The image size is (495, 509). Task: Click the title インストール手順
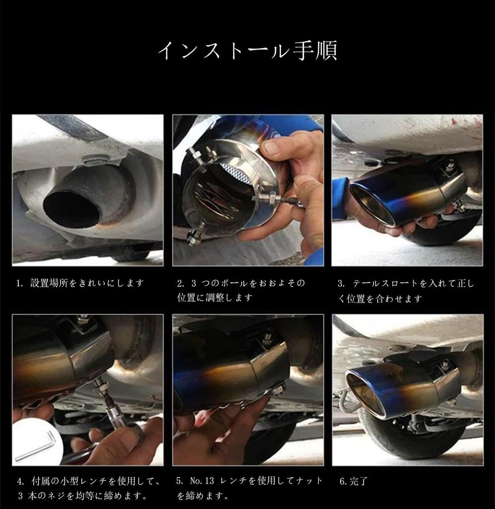(247, 51)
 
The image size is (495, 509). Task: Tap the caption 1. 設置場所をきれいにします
(79, 283)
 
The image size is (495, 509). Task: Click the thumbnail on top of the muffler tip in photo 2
(271, 148)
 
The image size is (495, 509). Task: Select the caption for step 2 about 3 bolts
(241, 290)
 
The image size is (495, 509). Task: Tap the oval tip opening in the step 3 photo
(372, 204)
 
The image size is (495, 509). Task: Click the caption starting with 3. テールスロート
(406, 291)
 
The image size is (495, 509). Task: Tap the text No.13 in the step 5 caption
(201, 481)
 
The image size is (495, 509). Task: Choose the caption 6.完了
(354, 481)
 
